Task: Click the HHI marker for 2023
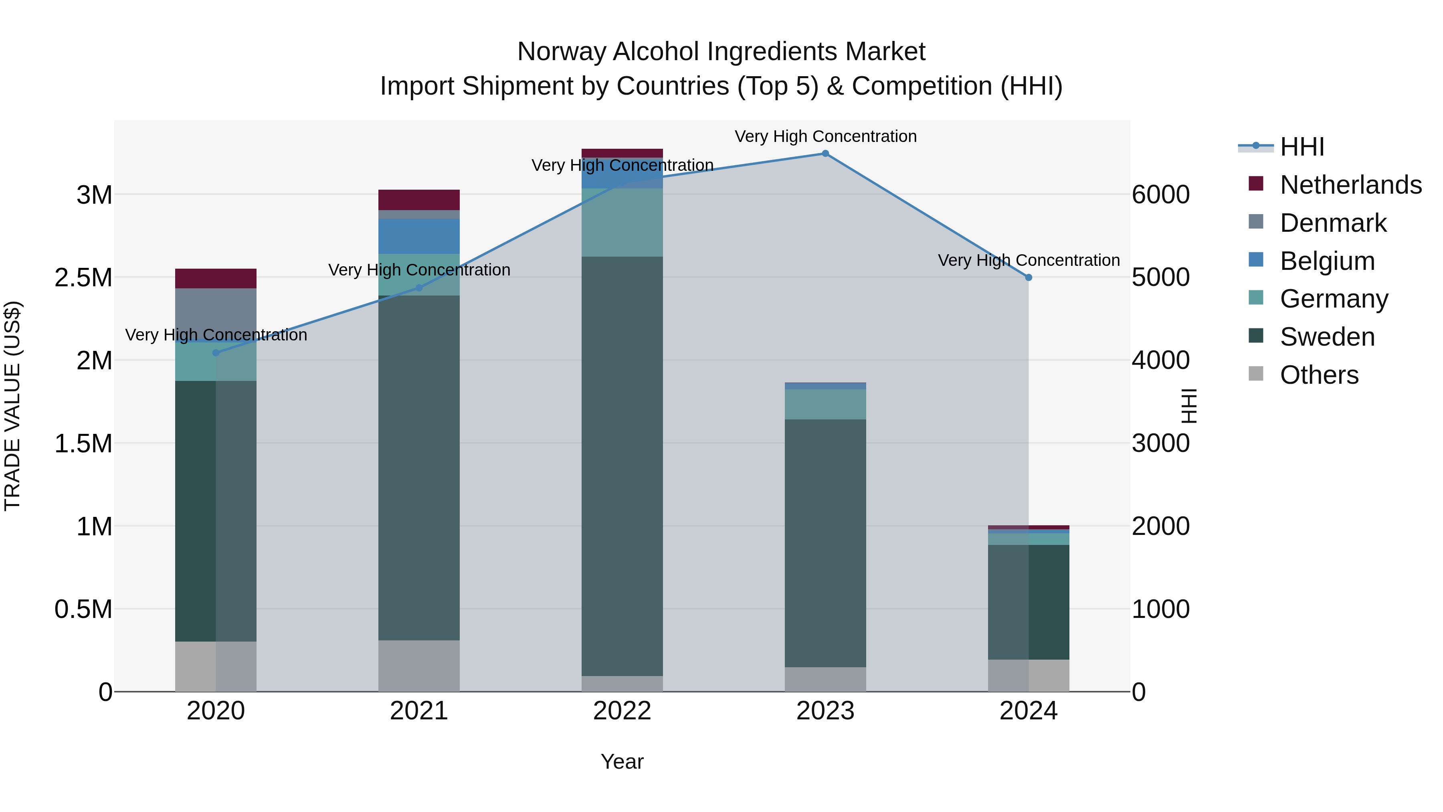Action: coord(825,154)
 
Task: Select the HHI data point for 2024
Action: coord(1029,277)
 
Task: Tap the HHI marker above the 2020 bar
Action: coord(216,352)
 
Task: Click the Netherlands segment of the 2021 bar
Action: coord(419,200)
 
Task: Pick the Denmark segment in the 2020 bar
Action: coord(216,314)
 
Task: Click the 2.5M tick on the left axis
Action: coord(83,278)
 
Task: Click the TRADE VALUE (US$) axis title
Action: coord(12,406)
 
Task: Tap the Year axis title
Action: coord(622,761)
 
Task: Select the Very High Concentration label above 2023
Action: coord(825,136)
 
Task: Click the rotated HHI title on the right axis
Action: coord(1188,406)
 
